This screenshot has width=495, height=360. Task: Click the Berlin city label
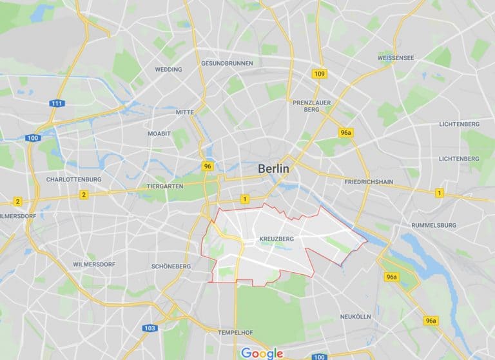[x=274, y=168]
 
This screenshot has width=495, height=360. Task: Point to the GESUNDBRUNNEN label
[x=227, y=63]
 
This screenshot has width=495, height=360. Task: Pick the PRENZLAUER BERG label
[x=311, y=106]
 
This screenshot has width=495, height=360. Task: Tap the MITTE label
[x=184, y=112]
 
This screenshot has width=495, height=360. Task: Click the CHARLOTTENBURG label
[x=73, y=179]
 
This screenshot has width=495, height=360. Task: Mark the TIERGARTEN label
[x=166, y=186]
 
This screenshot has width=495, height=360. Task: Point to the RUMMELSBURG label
[x=434, y=225]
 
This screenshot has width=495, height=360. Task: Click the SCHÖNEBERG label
[x=170, y=266]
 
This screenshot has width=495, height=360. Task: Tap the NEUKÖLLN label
[x=355, y=317]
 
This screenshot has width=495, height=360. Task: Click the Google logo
[x=262, y=353]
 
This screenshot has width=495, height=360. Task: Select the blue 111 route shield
[x=57, y=103]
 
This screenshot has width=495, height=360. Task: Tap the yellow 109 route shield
[x=319, y=74]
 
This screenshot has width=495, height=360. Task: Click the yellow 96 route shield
[x=207, y=166]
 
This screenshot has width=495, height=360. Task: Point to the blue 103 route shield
[x=150, y=328]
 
